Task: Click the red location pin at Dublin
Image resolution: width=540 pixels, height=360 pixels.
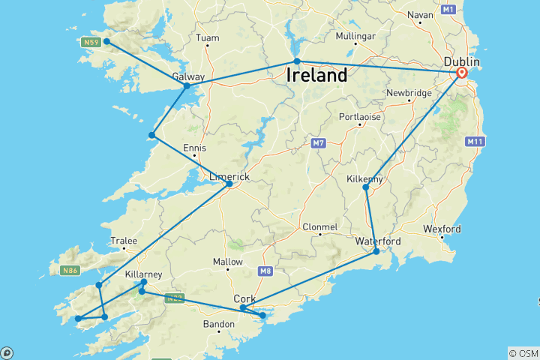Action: coord(461,73)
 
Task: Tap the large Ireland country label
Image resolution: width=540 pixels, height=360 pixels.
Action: coord(316,75)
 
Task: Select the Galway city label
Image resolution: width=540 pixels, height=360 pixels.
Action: coord(188,76)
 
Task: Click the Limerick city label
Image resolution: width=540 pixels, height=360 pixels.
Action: coord(229,175)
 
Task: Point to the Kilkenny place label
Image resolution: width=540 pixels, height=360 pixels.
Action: coord(365,179)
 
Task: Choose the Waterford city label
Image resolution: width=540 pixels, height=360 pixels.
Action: coord(378,241)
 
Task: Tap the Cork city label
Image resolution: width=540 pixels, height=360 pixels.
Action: coord(244,298)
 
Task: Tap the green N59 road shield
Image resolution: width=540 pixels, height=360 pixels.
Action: coord(91,42)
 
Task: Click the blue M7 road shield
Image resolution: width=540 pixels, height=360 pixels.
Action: coord(317,142)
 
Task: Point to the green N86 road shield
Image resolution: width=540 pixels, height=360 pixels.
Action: coord(70,269)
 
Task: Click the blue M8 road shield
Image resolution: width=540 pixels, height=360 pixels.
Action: coord(266,271)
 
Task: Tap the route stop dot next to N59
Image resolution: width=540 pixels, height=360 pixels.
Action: coord(107,41)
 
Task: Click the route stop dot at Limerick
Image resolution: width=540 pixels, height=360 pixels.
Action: coord(229,184)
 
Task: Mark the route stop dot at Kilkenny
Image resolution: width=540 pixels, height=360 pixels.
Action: coord(366,187)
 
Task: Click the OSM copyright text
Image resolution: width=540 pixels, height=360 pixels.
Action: coord(523,353)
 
